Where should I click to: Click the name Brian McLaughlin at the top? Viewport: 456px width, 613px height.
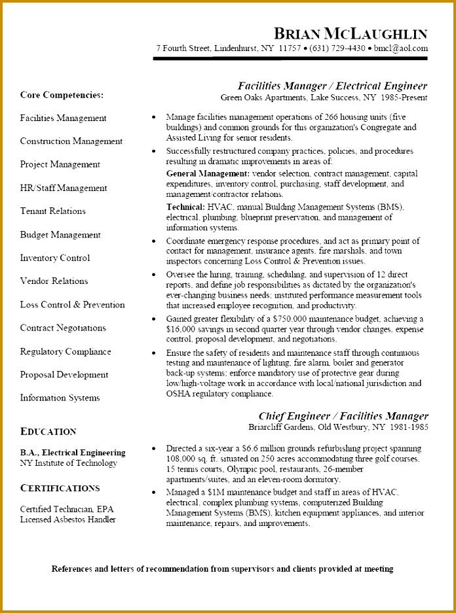point(351,33)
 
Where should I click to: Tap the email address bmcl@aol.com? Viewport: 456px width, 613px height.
point(400,48)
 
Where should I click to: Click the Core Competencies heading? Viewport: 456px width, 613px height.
point(62,95)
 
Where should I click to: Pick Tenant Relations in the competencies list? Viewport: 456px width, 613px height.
point(52,211)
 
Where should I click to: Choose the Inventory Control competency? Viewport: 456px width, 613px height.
point(55,258)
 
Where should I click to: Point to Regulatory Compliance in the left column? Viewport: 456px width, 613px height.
point(66,351)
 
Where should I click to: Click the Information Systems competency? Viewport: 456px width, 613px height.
point(60,398)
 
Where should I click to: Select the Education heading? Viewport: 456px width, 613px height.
point(48,432)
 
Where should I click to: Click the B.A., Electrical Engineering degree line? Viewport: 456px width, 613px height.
point(73,453)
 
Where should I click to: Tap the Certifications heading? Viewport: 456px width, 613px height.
point(60,488)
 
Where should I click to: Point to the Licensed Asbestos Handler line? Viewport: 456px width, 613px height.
point(67,519)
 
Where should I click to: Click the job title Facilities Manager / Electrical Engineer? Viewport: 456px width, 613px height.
point(332,86)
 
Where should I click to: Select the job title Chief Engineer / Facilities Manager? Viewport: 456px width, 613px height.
point(343,416)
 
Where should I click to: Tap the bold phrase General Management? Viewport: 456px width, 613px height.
point(208,174)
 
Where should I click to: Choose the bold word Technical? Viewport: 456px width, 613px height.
point(186,207)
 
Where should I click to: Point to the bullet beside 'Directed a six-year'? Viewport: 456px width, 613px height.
point(153,449)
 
